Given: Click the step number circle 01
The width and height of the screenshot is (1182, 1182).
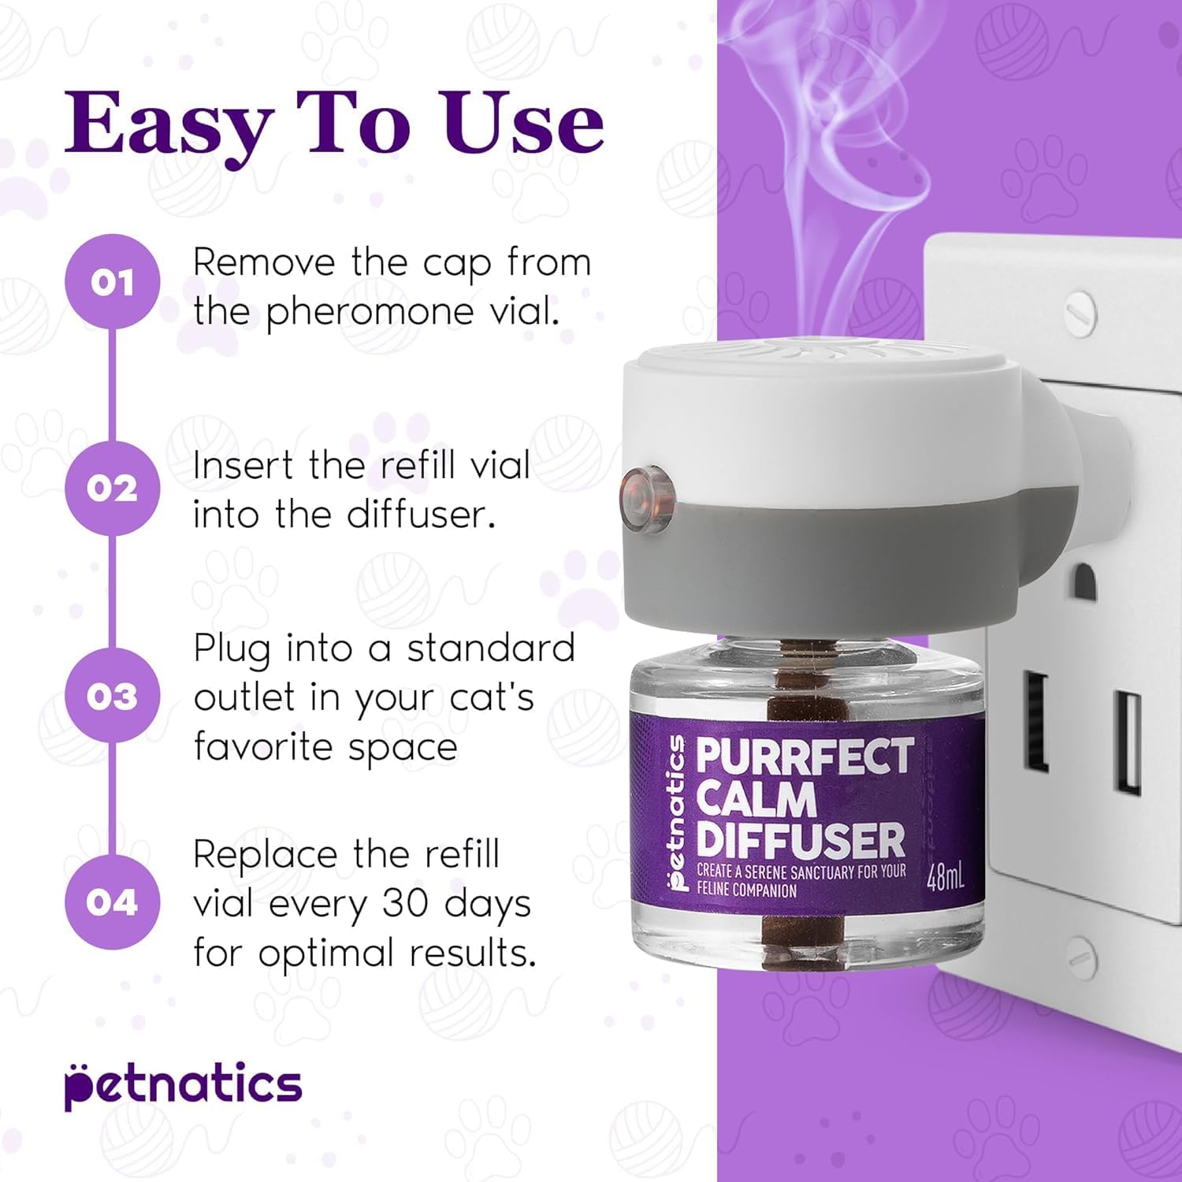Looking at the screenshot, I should [x=112, y=281].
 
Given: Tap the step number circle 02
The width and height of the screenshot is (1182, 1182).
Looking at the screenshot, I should [x=112, y=489].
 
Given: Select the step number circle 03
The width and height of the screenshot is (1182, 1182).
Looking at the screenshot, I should [x=112, y=696].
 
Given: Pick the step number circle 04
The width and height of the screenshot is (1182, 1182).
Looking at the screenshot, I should [x=112, y=902].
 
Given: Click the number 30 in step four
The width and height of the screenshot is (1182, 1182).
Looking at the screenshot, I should [x=406, y=904].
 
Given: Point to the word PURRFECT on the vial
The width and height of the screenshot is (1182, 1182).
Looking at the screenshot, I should [x=805, y=756].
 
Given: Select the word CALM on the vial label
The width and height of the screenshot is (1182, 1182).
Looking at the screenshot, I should [x=756, y=799].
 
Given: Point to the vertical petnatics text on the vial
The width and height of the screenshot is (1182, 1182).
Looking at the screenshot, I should [x=676, y=812].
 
